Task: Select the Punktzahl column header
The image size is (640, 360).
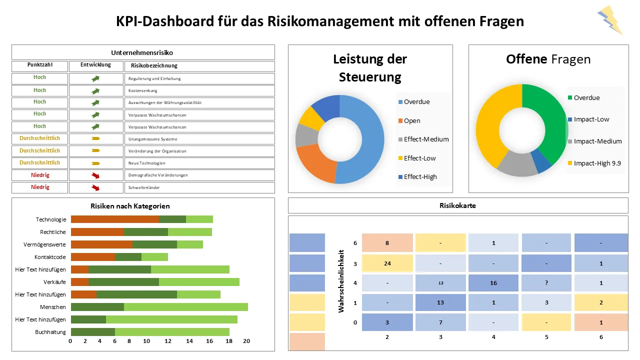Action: tap(39, 65)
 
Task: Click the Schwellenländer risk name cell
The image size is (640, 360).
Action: tap(199, 187)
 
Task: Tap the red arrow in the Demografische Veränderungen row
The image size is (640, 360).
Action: tap(95, 175)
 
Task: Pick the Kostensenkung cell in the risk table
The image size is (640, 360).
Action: tap(199, 91)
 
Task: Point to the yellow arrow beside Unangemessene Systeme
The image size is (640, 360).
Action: tap(95, 138)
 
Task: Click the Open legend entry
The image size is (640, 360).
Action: tap(412, 120)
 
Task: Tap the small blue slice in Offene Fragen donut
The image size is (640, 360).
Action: tap(540, 160)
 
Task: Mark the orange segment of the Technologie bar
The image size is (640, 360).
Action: tap(114, 219)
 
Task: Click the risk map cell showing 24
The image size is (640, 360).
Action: tap(387, 263)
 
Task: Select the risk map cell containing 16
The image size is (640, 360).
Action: tap(493, 282)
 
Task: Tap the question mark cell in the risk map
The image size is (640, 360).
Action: tap(546, 282)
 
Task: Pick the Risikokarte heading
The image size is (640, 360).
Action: tap(457, 205)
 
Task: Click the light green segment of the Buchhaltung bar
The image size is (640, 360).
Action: tap(172, 332)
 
